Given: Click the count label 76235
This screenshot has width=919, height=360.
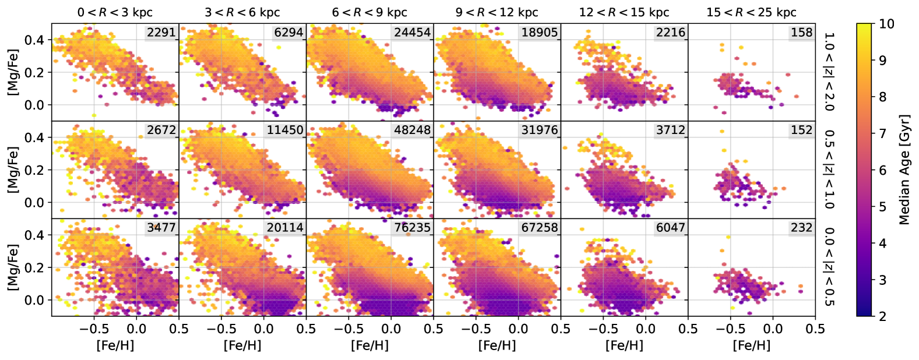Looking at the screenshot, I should click(x=412, y=228).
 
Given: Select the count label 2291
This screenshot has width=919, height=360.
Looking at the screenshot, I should click(x=161, y=33).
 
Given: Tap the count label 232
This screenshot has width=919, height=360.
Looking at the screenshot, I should click(x=801, y=228).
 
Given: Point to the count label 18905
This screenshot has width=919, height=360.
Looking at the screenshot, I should click(x=539, y=33).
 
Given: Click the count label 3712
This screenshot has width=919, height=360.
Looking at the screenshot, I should click(x=670, y=130).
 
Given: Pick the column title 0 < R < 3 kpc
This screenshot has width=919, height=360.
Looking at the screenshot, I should click(x=115, y=12).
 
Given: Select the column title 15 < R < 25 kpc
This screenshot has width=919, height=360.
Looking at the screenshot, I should click(x=751, y=12).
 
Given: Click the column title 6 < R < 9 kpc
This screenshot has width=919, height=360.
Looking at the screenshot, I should click(x=369, y=12).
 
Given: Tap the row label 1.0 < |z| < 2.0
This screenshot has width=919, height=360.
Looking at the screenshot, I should click(x=829, y=72).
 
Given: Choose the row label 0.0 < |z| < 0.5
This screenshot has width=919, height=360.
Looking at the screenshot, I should click(x=829, y=267).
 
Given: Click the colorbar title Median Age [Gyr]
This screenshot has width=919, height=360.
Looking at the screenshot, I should click(x=904, y=170).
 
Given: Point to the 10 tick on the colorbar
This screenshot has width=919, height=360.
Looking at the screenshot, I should click(x=886, y=24).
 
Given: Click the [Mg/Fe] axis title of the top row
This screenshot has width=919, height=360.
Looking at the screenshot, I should click(x=13, y=72).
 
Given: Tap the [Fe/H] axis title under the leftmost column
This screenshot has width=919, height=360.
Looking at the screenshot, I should click(x=115, y=345).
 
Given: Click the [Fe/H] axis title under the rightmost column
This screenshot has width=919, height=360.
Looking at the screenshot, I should click(x=751, y=345).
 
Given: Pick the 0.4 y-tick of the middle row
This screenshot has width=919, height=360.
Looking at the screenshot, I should click(x=35, y=137).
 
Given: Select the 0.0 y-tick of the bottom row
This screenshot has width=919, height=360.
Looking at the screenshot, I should click(x=35, y=300).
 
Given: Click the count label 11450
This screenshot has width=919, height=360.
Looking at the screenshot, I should click(x=285, y=130).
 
